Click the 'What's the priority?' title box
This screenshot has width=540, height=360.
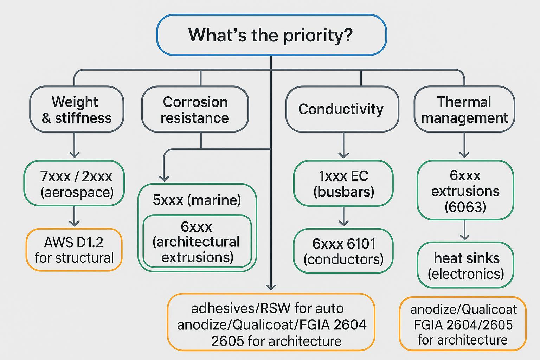click(271, 35)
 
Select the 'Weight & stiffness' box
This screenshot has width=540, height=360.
click(76, 109)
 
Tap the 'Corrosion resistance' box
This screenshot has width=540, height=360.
click(195, 109)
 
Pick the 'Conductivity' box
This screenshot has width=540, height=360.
click(342, 109)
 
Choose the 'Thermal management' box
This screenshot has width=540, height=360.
click(464, 109)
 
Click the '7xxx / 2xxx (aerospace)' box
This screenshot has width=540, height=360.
click(74, 183)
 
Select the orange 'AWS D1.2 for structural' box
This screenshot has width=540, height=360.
click(74, 250)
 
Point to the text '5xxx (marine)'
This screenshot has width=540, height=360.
click(197, 200)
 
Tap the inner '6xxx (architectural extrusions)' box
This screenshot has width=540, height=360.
click(197, 242)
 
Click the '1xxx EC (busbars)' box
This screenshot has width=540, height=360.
click(343, 183)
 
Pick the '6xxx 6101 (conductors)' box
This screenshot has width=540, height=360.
click(343, 251)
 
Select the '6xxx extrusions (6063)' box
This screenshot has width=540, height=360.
click(465, 190)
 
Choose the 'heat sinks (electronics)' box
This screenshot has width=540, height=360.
click(465, 265)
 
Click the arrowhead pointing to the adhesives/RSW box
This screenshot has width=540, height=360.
click(271, 287)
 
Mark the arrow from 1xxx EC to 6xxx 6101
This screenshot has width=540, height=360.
click(343, 217)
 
